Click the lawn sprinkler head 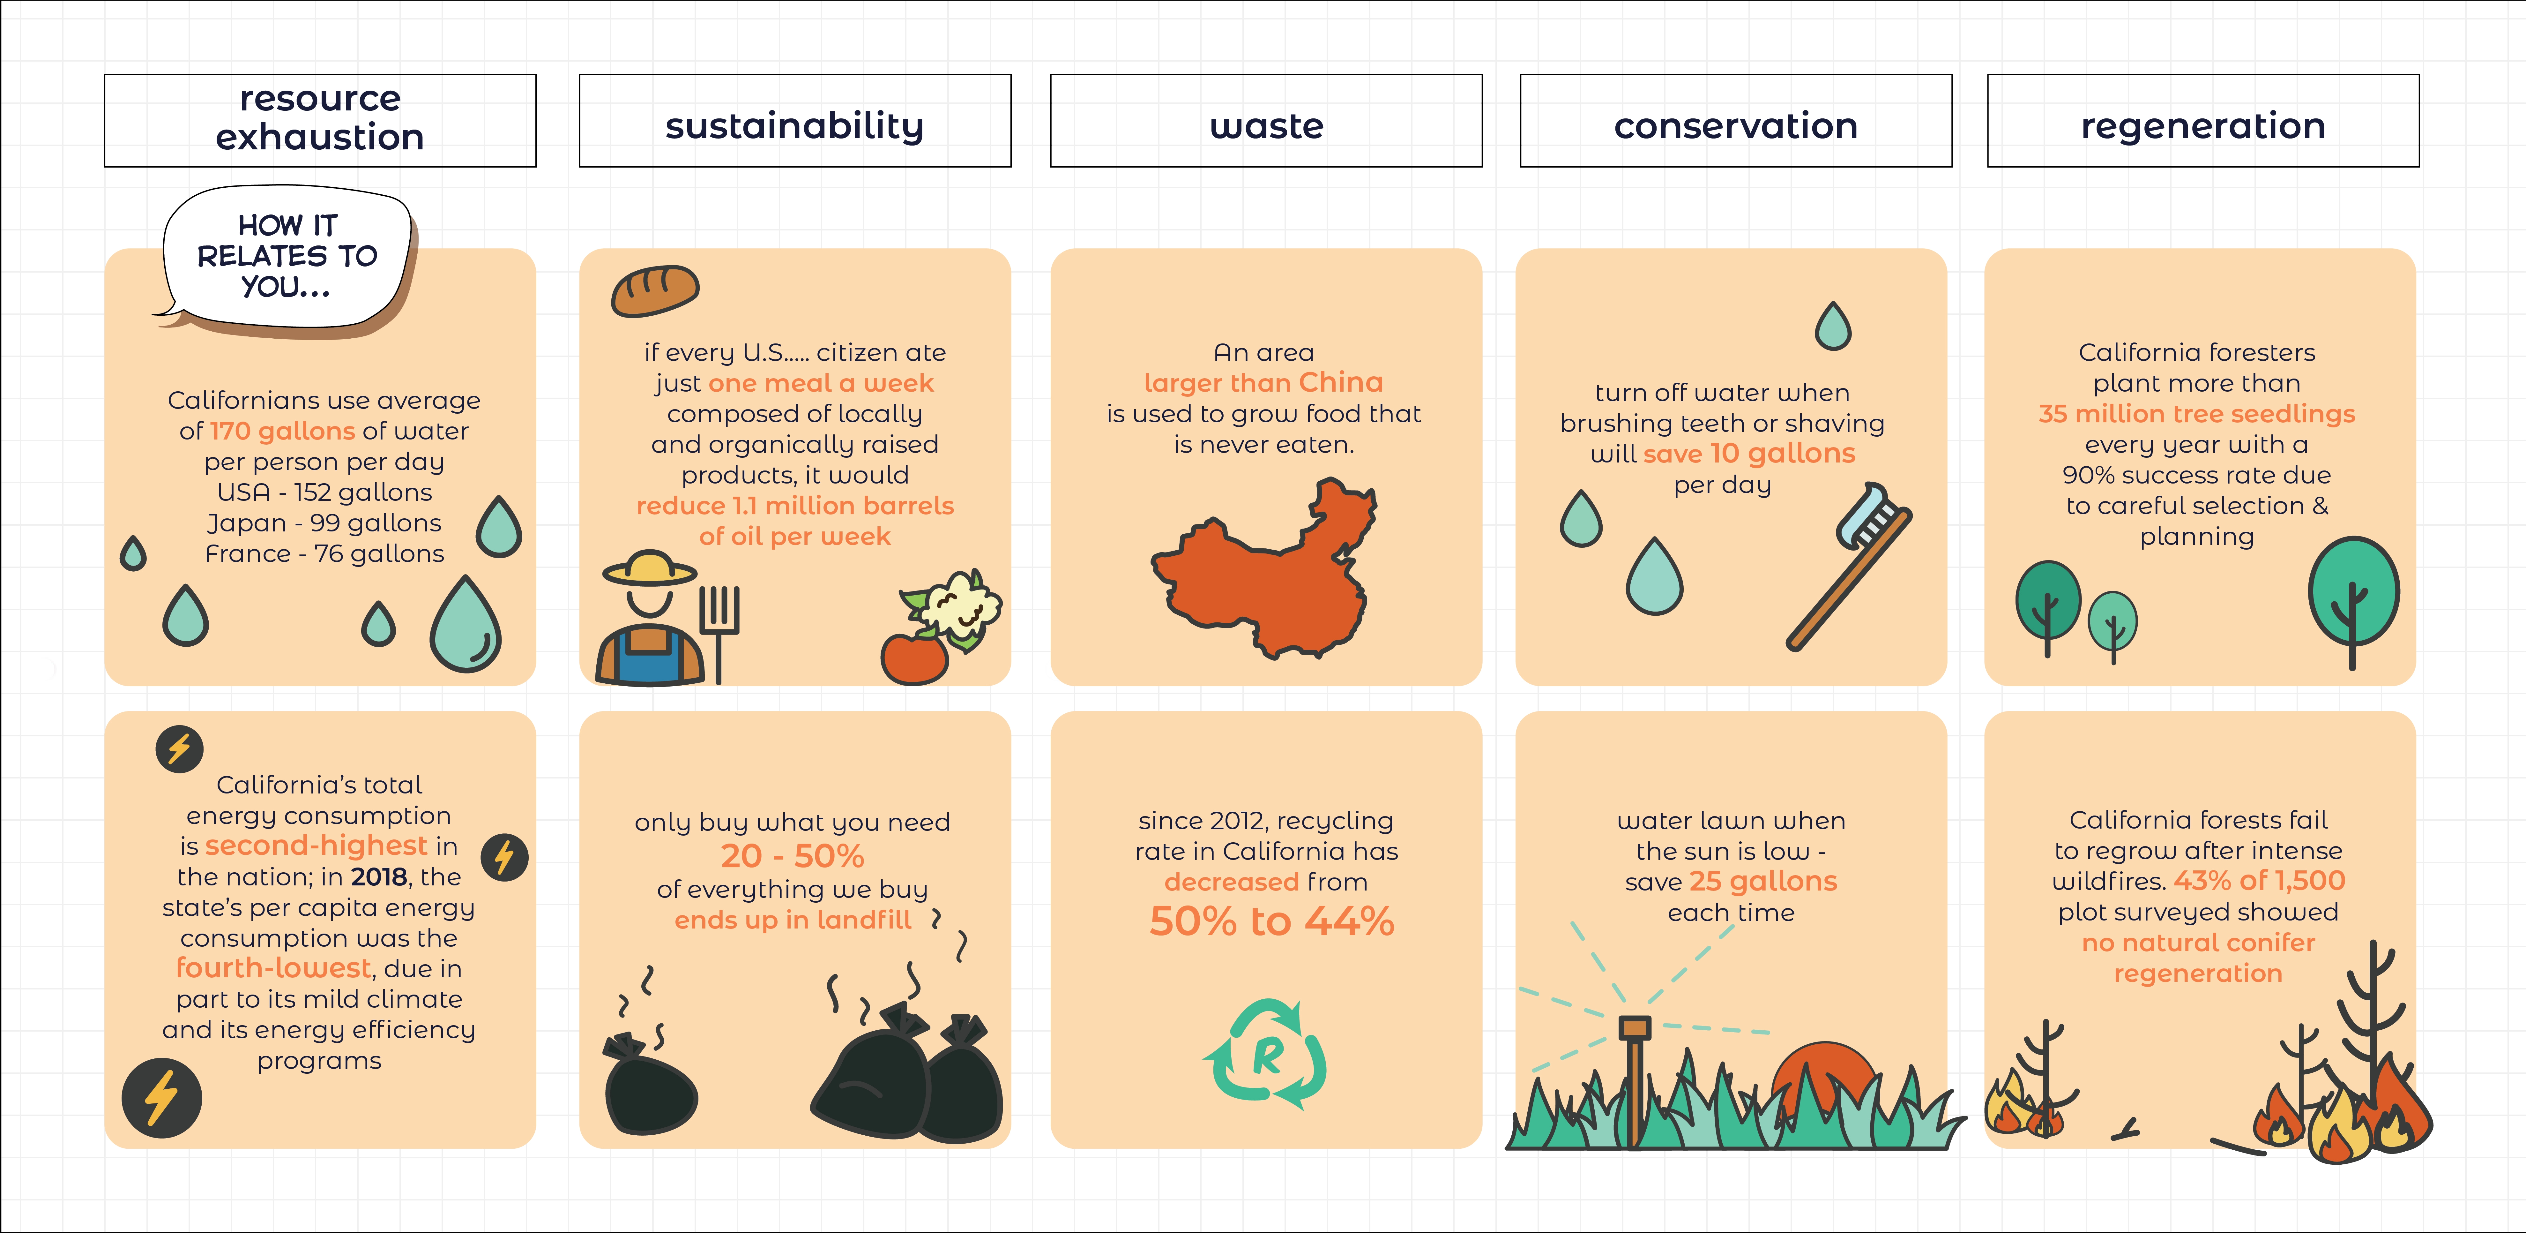[x=1635, y=1028]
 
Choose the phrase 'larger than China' [x=1263, y=383]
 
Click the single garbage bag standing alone [x=649, y=1084]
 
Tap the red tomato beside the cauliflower [x=914, y=658]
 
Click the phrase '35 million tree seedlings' [x=2196, y=414]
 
